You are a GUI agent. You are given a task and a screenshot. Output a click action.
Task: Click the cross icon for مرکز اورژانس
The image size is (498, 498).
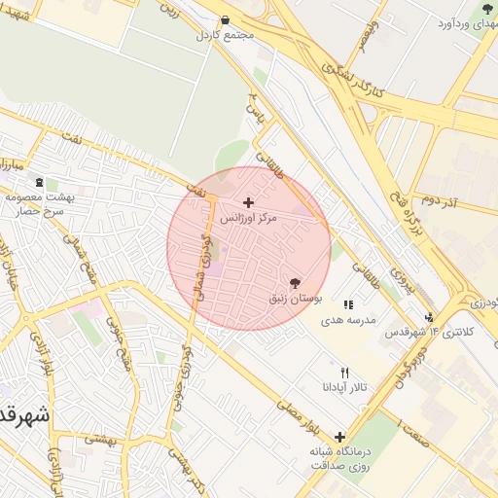pyautogui.click(x=249, y=202)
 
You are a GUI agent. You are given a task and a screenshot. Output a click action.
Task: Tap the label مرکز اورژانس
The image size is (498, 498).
pyautogui.click(x=248, y=219)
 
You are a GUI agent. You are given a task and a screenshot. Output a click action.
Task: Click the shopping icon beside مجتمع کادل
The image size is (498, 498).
pyautogui.click(x=226, y=19)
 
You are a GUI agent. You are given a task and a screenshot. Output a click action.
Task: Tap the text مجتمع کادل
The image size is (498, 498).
pyautogui.click(x=226, y=36)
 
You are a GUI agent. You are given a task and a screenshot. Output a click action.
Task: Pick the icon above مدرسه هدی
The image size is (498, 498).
pyautogui.click(x=348, y=304)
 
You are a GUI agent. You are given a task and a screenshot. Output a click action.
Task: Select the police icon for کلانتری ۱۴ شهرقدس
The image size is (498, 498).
pyautogui.click(x=430, y=316)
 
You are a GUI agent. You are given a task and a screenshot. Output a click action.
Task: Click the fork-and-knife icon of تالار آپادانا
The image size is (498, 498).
pyautogui.click(x=344, y=373)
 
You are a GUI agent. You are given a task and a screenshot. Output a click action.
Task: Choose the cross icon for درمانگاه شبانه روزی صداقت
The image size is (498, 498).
pyautogui.click(x=339, y=437)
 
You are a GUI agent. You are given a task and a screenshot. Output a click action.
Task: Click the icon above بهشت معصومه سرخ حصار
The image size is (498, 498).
pyautogui.click(x=39, y=182)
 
